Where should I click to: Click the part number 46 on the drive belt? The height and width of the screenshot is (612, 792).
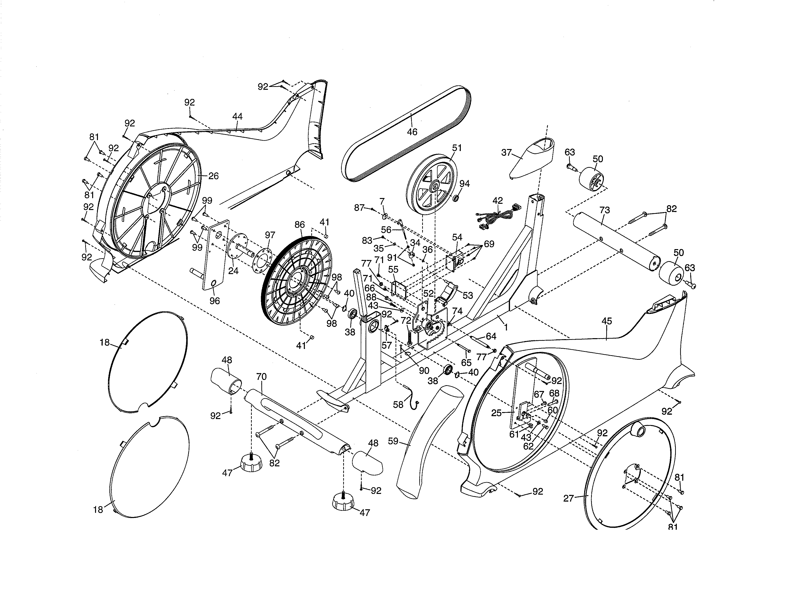click(412, 132)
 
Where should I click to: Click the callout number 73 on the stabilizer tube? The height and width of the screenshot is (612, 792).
click(605, 210)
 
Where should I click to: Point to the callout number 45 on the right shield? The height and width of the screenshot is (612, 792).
click(607, 321)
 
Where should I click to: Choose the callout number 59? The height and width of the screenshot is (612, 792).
click(393, 441)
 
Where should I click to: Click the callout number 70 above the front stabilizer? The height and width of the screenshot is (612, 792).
click(261, 377)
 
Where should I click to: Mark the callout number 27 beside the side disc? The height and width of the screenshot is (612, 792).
click(569, 498)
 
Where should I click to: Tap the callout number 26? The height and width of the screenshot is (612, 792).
click(214, 176)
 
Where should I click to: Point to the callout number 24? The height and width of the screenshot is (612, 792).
click(233, 270)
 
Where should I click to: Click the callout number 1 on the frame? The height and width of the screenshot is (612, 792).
click(506, 327)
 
